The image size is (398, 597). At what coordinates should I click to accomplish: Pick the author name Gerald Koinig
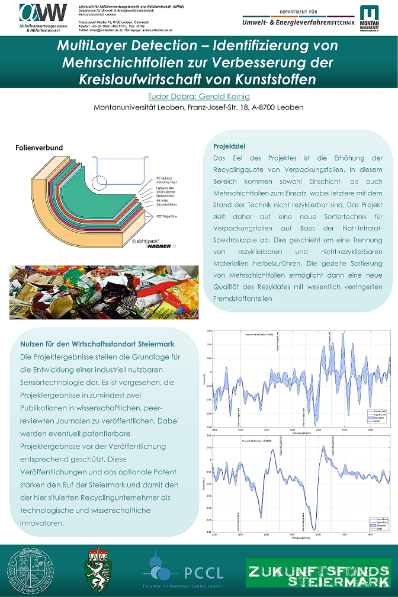point(226,95)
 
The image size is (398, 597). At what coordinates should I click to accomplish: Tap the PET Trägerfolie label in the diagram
point(168,217)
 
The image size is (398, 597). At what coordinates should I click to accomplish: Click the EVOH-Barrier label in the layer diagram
point(166,192)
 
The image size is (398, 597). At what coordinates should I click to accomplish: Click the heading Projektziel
point(229,146)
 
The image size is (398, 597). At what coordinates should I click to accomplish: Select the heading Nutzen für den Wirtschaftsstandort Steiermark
point(97,344)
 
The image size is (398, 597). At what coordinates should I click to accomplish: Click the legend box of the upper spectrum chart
point(377,415)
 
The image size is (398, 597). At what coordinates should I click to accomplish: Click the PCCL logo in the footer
point(184,569)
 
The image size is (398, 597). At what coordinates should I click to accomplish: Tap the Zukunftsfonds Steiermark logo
point(319,572)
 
